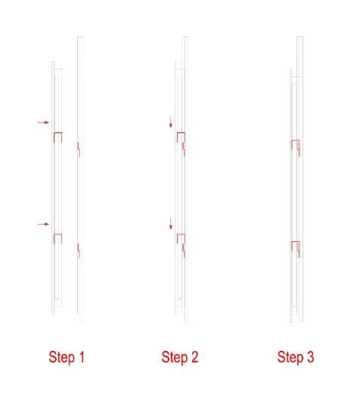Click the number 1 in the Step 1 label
(81, 357)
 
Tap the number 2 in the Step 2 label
(194, 357)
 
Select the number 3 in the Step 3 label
(309, 357)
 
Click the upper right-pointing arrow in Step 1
(43, 123)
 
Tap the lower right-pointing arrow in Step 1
(43, 224)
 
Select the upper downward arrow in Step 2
(171, 122)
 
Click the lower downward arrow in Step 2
(171, 224)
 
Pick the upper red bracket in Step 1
(57, 132)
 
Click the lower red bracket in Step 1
(57, 234)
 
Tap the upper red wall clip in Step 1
(79, 149)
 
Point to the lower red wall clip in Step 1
(79, 250)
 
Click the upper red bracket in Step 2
(181, 132)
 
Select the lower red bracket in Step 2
(181, 234)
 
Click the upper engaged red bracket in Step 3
(296, 141)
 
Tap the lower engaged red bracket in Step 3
(296, 242)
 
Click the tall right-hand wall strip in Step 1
(80, 179)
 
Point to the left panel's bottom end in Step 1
(53, 315)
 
